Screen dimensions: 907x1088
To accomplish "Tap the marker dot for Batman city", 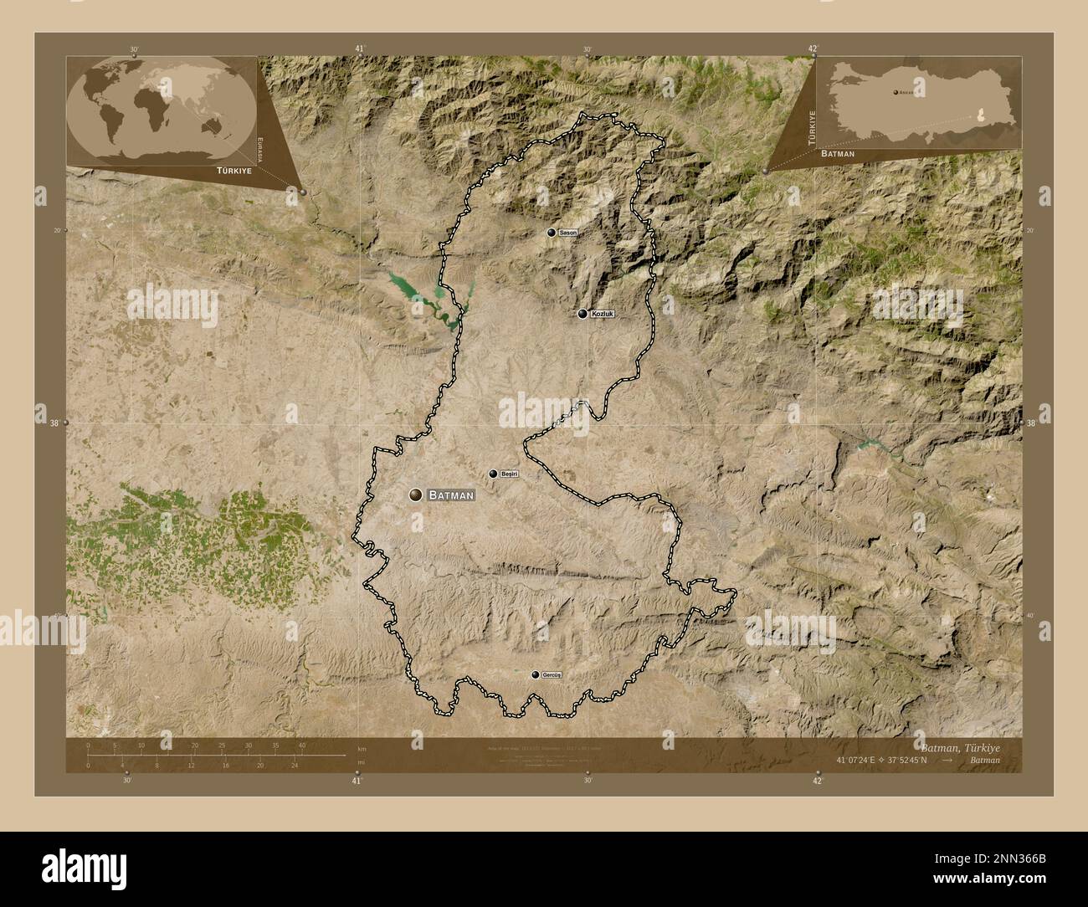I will [415, 495].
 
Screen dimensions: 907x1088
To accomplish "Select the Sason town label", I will [568, 232].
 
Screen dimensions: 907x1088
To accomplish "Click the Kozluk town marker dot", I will [582, 314].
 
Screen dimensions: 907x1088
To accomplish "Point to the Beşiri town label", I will [510, 474].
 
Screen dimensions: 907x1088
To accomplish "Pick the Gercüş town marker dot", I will [535, 674].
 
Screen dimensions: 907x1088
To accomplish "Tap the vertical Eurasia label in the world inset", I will [261, 152].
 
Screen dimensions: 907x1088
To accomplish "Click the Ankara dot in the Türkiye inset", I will [895, 92].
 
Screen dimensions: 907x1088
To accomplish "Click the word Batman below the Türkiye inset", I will [837, 154].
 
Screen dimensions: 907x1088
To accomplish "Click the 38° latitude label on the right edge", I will [1031, 423].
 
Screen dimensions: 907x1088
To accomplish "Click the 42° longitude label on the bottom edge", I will [817, 781].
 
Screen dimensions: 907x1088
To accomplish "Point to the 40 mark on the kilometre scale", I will [302, 745].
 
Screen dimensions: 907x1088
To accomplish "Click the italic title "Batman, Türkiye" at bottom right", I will [959, 746].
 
